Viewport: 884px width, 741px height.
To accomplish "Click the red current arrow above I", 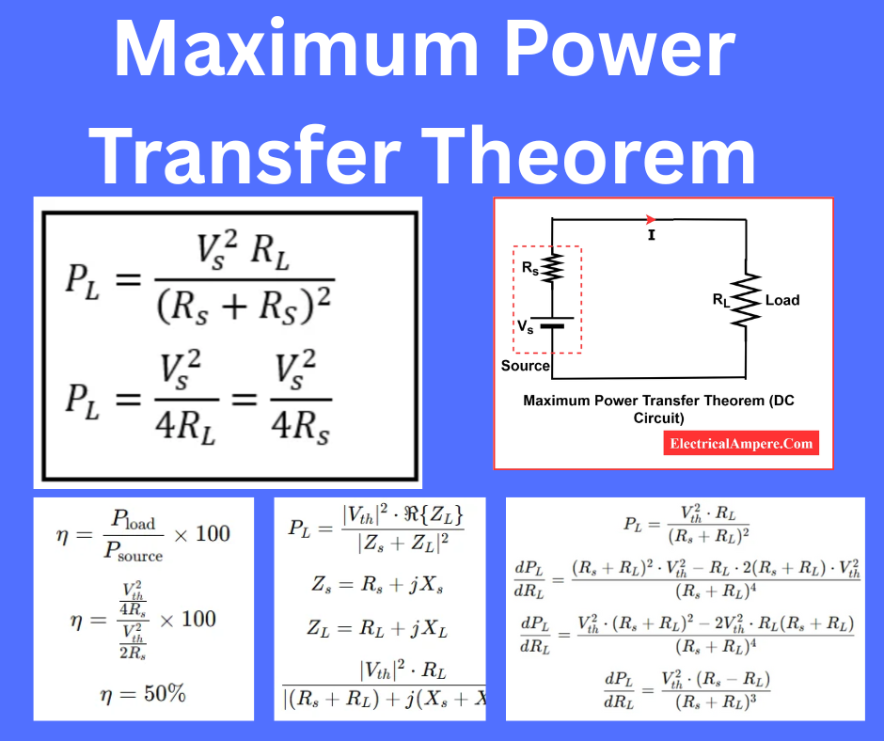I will (650, 219).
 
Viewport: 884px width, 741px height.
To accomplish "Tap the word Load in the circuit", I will (782, 300).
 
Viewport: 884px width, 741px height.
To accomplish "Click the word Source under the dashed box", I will (525, 365).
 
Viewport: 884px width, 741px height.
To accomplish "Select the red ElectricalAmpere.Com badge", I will (742, 443).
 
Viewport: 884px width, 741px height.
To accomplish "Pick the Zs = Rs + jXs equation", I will (377, 585).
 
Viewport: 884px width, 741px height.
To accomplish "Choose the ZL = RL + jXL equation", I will (378, 628).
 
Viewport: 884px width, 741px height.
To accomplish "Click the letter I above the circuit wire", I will (651, 236).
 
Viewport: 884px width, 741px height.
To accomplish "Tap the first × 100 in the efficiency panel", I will (201, 533).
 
